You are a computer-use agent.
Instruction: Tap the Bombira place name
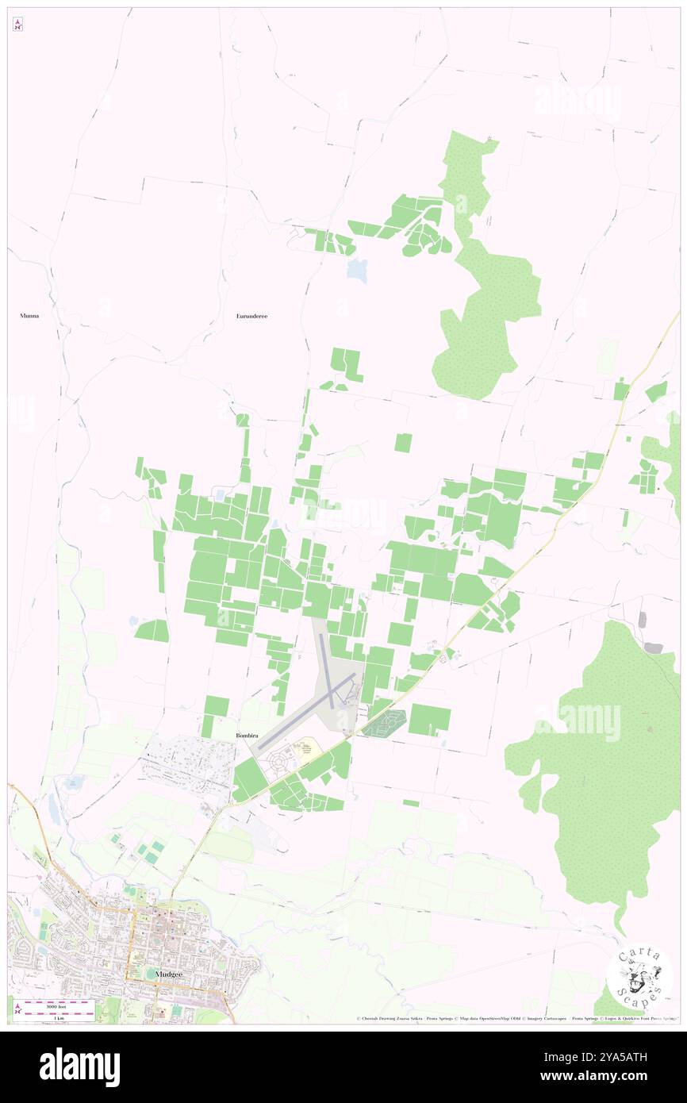pyautogui.click(x=248, y=736)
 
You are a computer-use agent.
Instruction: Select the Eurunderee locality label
pyautogui.click(x=252, y=316)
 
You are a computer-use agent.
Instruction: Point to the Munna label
pyautogui.click(x=29, y=315)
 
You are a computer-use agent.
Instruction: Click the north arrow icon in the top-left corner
pyautogui.click(x=17, y=25)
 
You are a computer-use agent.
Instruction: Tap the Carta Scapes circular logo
pyautogui.click(x=639, y=975)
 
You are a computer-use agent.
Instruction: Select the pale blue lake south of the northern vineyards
pyautogui.click(x=358, y=270)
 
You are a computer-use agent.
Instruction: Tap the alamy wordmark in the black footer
pyautogui.click(x=79, y=1066)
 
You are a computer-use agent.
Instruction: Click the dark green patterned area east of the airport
pyautogui.click(x=385, y=722)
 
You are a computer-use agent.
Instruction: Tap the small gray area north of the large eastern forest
pyautogui.click(x=653, y=648)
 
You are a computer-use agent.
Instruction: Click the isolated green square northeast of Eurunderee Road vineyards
pyautogui.click(x=403, y=443)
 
